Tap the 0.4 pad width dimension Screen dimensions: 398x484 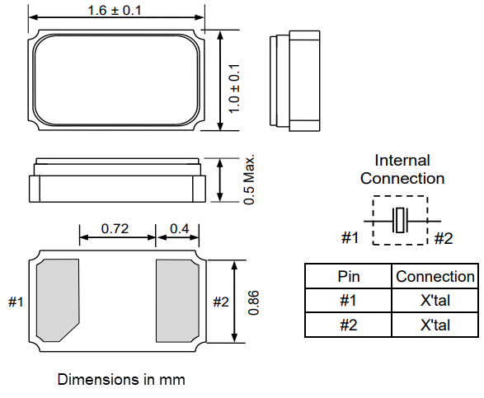point(179,227)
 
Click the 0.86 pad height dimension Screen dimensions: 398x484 point(254,301)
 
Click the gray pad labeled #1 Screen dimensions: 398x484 point(59,300)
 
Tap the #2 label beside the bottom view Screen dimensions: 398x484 point(220,302)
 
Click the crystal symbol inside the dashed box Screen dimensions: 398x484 point(400,221)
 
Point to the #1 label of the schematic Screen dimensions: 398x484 point(350,238)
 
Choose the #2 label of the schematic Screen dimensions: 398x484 point(444,238)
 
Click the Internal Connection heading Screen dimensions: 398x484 point(402,169)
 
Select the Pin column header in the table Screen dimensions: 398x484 point(349,277)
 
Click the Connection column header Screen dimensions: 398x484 point(435,277)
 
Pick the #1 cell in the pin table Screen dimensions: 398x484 point(349,301)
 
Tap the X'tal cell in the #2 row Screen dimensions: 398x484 point(435,325)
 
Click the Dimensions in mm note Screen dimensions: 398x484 point(121,380)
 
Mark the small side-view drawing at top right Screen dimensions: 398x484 point(294,80)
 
